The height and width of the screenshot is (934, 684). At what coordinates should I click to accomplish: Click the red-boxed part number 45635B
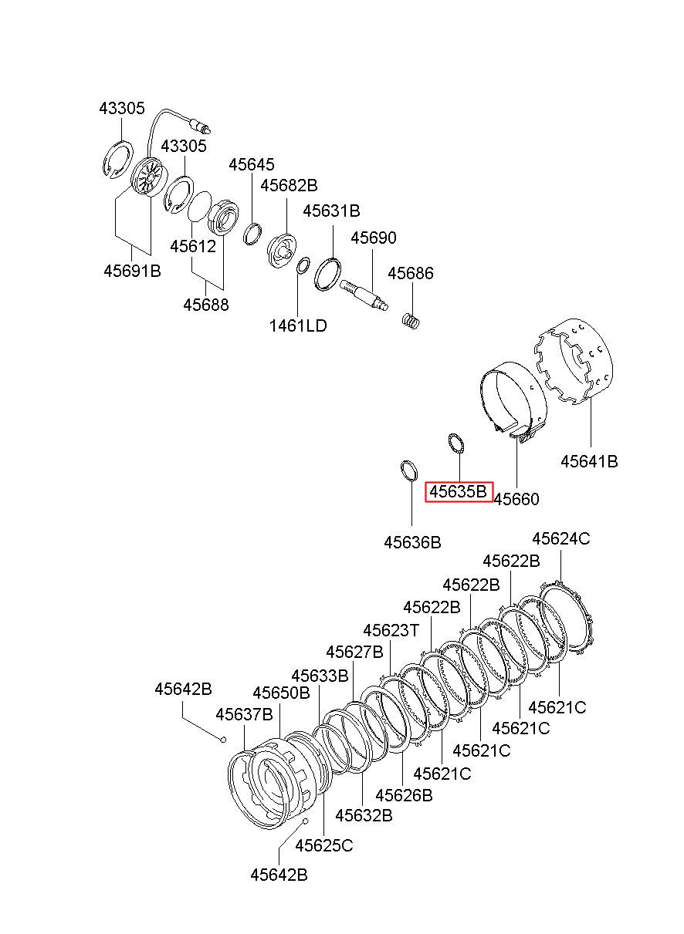coord(458,491)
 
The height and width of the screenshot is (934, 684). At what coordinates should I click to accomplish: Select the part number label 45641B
coord(589,461)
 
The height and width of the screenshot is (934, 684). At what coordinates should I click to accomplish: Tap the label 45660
coord(516,499)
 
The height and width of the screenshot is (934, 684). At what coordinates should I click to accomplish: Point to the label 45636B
coord(412,542)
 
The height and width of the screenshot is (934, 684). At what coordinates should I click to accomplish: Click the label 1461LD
coord(298,325)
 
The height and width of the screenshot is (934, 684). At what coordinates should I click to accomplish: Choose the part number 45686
coord(411,273)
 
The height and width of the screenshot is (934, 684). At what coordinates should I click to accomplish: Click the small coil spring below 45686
coord(411,322)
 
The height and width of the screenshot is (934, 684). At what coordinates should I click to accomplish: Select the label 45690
coord(374,238)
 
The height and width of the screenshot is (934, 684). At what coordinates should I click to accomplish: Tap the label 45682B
coord(290,185)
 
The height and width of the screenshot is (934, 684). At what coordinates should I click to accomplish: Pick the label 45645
coord(252,165)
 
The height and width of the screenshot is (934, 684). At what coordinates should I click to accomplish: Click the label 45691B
coord(132,271)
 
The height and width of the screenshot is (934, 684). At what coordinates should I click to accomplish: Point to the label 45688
coord(206,305)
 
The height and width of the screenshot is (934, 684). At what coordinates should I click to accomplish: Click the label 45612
coord(193,247)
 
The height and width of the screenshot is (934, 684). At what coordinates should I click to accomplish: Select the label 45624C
coord(561,538)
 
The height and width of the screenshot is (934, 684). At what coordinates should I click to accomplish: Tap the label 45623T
coord(391,630)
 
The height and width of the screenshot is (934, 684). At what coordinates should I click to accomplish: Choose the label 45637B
coord(244,714)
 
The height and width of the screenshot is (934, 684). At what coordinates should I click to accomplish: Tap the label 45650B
coord(281,693)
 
